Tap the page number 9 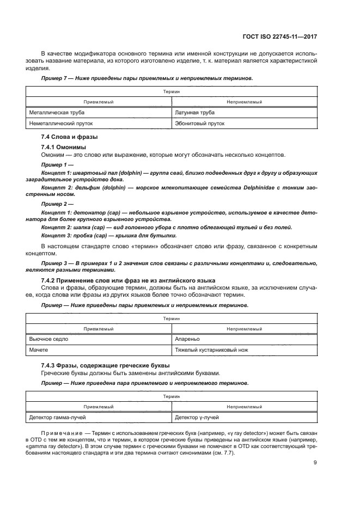315,463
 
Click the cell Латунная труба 194,113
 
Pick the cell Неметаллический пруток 57,124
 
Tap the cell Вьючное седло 48,339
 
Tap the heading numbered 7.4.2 114,280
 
